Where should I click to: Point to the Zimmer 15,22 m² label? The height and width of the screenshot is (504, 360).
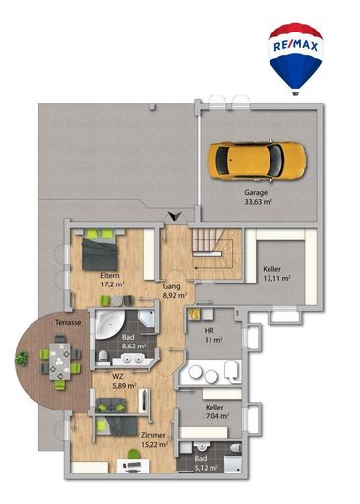click(152, 439)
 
